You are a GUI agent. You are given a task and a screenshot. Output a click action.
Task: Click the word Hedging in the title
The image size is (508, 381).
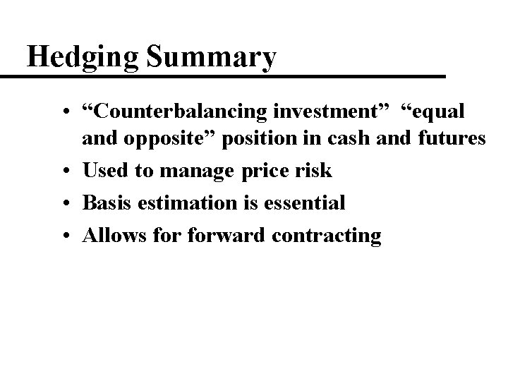click(83, 59)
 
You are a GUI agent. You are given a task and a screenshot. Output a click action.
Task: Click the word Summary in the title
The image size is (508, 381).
click(211, 59)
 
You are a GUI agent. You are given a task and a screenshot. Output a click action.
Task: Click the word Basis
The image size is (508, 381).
click(106, 203)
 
